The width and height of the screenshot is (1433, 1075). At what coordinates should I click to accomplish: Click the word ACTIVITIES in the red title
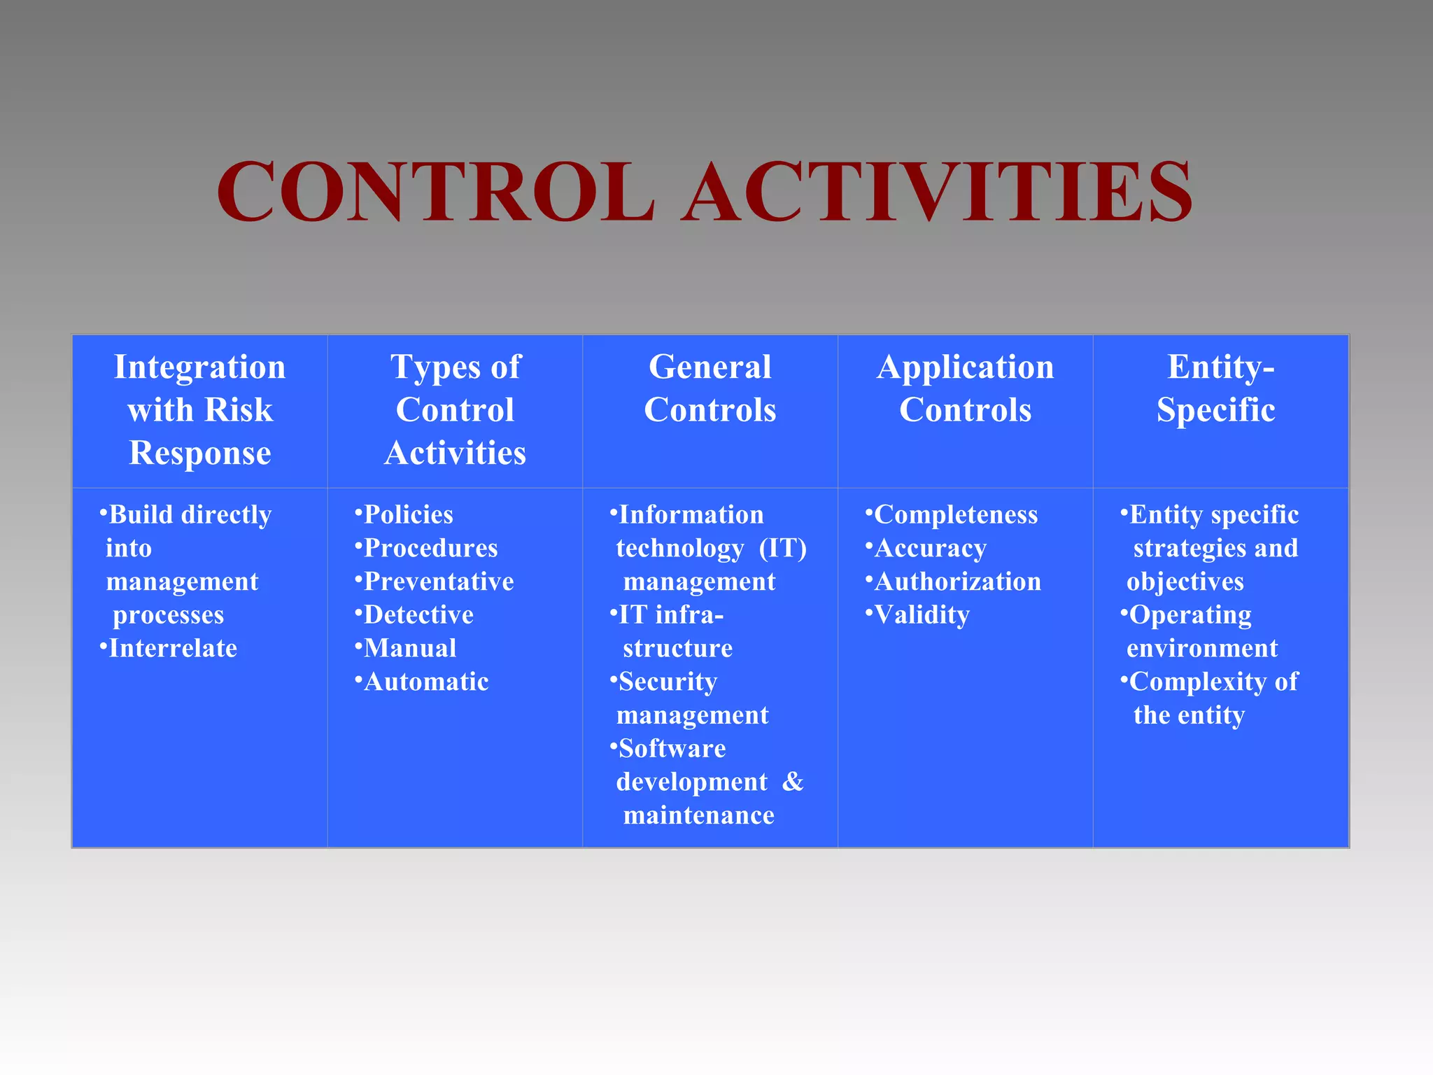point(938,192)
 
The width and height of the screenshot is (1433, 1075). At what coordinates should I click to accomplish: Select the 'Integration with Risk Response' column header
point(200,410)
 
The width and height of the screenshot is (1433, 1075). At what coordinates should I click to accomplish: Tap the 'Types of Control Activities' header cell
point(455,410)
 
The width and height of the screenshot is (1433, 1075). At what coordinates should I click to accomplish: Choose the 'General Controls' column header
point(710,388)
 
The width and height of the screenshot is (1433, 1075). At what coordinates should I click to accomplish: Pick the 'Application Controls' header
point(965,388)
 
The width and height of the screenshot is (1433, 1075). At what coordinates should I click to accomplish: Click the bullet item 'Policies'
point(409,515)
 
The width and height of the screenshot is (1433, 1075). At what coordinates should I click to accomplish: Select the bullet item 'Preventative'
point(439,582)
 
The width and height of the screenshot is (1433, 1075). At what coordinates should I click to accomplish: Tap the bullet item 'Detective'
point(418,615)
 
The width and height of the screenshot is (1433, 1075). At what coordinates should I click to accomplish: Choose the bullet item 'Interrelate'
point(173,649)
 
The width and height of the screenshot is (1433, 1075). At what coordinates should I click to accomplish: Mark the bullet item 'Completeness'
point(956,515)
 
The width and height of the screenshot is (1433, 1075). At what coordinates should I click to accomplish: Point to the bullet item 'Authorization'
point(957,582)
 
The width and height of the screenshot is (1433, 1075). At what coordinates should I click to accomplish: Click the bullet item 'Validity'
point(922,615)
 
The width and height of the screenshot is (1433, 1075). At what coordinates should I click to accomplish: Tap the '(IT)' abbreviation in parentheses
point(782,548)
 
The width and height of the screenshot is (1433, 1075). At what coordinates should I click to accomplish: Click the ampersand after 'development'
point(793,782)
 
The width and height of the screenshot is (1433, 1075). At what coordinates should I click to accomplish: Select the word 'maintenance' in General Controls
point(698,815)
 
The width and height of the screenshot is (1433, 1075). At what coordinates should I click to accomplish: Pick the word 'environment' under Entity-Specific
point(1202,649)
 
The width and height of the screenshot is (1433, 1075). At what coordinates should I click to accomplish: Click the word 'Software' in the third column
point(672,749)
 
